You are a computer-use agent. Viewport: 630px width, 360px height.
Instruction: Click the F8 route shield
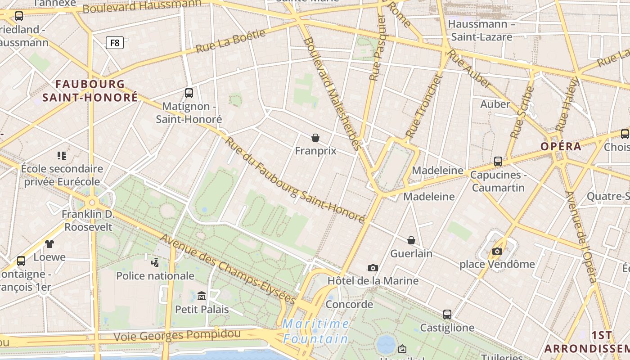(x=115, y=43)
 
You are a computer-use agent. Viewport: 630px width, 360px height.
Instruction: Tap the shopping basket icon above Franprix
(x=315, y=138)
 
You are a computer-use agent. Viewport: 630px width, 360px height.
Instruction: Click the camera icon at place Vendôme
(x=497, y=251)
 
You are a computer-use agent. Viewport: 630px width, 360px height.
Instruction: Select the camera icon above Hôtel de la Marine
(x=373, y=268)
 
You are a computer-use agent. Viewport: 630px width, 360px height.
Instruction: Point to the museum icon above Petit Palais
(x=202, y=296)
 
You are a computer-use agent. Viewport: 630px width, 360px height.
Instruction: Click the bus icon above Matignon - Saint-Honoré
(x=189, y=93)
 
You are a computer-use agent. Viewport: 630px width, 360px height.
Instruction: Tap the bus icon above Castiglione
(x=447, y=315)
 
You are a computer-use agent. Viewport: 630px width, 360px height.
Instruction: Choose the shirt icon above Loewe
(x=49, y=244)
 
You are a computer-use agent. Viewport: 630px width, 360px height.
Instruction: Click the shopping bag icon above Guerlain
(x=411, y=240)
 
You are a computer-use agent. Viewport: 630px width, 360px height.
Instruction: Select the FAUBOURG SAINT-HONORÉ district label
(x=90, y=90)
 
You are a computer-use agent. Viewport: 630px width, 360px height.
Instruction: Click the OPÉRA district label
(x=561, y=146)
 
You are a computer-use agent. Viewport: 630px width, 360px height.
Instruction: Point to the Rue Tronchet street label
(x=424, y=106)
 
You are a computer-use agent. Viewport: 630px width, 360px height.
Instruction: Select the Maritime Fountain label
(x=316, y=331)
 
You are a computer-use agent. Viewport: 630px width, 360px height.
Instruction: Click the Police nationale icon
(x=155, y=262)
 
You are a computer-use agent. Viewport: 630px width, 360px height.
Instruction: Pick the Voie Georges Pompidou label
(x=177, y=335)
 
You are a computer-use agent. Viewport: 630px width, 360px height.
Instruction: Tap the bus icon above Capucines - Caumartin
(x=498, y=162)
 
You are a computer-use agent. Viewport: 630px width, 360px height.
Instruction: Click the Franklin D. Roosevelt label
(x=88, y=220)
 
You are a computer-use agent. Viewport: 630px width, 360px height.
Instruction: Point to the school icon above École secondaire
(x=62, y=156)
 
